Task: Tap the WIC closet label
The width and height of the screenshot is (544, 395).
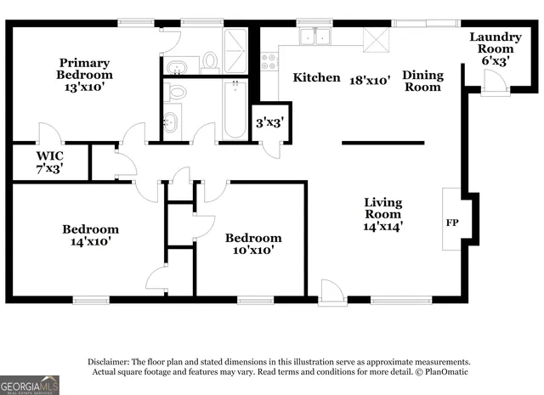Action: pyautogui.click(x=49, y=162)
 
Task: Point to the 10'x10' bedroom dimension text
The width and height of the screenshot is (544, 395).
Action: pyautogui.click(x=252, y=251)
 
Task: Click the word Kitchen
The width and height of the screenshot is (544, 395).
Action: pyautogui.click(x=316, y=78)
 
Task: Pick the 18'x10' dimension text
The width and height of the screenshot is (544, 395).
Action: pyautogui.click(x=370, y=79)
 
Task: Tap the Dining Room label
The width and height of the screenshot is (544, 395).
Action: pyautogui.click(x=422, y=81)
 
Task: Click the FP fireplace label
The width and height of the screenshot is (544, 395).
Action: pyautogui.click(x=452, y=223)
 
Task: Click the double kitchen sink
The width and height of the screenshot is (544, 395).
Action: pyautogui.click(x=316, y=37)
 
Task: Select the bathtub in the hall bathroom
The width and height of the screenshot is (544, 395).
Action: pyautogui.click(x=233, y=108)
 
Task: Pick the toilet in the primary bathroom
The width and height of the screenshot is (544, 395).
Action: pyautogui.click(x=210, y=60)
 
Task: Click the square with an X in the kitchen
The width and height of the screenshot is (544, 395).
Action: pyautogui.click(x=375, y=39)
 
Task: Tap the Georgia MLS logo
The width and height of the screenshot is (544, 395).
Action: pyautogui.click(x=30, y=385)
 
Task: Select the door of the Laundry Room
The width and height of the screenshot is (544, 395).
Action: pyautogui.click(x=492, y=82)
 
